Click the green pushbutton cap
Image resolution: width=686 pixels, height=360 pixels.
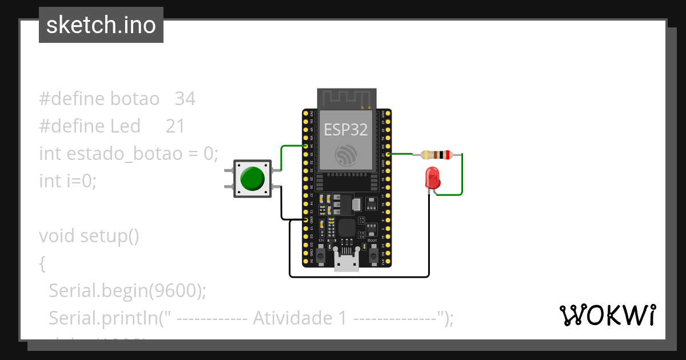tap(252, 178)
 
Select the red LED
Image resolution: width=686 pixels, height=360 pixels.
tap(432, 178)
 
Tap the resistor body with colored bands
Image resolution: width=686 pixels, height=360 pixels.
tap(436, 154)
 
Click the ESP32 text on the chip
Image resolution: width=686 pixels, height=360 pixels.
tap(346, 129)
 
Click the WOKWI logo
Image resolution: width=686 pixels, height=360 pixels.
tap(607, 315)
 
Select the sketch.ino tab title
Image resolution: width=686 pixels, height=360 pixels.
tap(101, 25)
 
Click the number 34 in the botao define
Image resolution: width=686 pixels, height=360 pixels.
tap(185, 99)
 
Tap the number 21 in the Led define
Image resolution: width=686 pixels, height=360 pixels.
tap(176, 126)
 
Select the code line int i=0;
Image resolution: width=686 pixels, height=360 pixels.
tap(68, 181)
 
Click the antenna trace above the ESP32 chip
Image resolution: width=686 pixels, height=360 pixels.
tap(346, 98)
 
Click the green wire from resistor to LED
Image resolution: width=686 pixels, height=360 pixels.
tap(462, 177)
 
